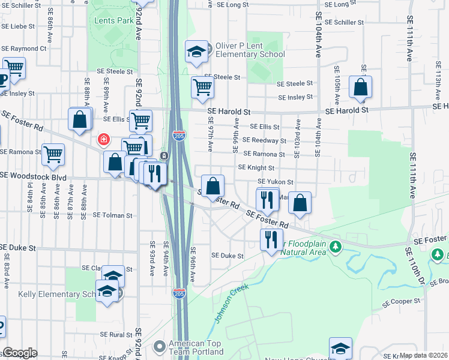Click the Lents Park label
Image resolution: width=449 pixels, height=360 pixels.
(x=113, y=20)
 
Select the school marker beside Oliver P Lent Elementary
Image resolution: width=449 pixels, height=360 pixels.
(x=196, y=52)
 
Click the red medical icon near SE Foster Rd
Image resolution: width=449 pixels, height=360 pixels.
(x=104, y=140)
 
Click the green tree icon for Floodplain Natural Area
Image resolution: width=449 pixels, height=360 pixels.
(x=336, y=246)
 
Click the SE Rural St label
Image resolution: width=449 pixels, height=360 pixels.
(x=116, y=334)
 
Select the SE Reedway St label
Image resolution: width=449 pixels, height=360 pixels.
(x=268, y=140)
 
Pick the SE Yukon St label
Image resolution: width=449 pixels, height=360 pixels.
(x=275, y=181)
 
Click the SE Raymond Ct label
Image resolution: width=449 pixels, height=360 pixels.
(x=23, y=48)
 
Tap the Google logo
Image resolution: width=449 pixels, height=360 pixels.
(x=20, y=352)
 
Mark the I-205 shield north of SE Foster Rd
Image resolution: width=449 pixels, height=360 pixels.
(x=179, y=137)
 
